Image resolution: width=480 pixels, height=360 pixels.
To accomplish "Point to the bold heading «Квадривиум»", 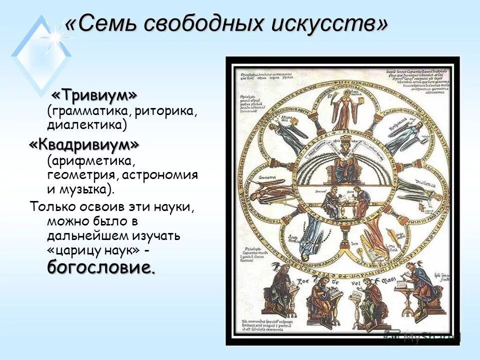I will [x=84, y=145].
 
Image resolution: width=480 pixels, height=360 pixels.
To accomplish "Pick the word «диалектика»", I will [x=87, y=124].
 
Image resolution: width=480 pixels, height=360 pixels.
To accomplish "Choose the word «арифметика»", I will [x=92, y=161].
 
